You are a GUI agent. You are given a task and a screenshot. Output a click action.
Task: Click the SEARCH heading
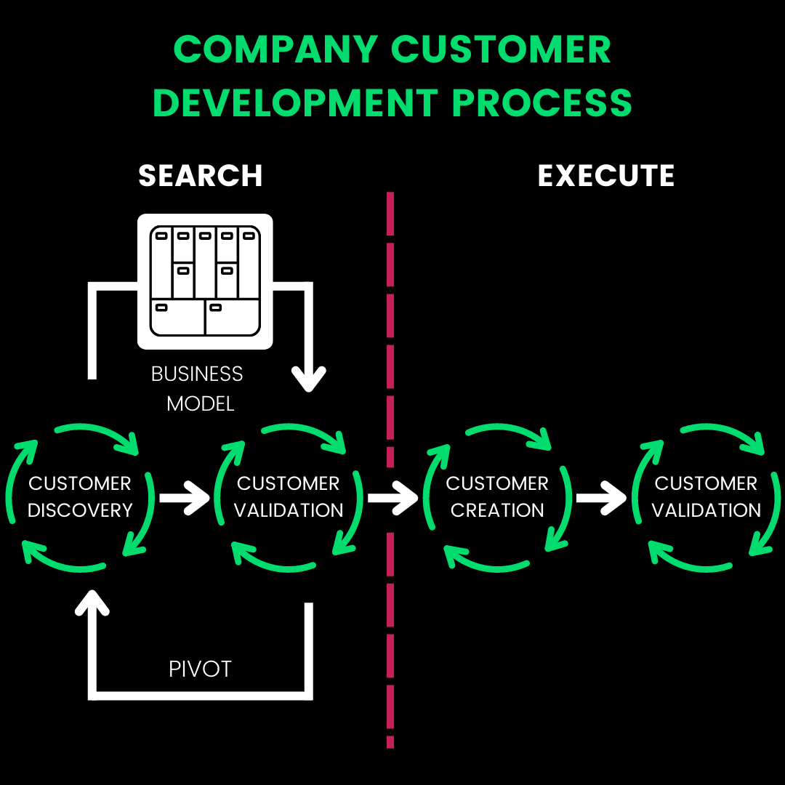coord(201,176)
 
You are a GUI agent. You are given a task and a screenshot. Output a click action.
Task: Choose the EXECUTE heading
coord(606,176)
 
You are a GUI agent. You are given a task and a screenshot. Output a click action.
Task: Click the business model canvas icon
coord(205,281)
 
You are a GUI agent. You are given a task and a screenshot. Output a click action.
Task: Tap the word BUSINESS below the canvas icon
coord(197,374)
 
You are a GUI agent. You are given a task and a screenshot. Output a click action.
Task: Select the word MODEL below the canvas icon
coord(201,403)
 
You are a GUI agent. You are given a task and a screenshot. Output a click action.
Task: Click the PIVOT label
coord(200,669)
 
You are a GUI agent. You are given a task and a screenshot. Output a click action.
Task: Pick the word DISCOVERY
coord(80,510)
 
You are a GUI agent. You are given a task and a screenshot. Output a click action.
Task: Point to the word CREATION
coord(497,510)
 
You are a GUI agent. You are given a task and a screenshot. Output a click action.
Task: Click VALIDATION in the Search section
coord(289,510)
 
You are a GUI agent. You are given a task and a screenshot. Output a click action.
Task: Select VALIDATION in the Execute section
coord(706,510)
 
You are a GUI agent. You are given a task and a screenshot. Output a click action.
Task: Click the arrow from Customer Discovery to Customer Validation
coord(185,499)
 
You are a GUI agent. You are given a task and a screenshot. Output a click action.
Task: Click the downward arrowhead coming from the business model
coord(308,378)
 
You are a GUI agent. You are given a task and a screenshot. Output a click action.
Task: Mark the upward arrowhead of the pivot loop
coord(92,602)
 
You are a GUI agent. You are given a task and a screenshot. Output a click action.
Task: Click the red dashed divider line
coord(390,320)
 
